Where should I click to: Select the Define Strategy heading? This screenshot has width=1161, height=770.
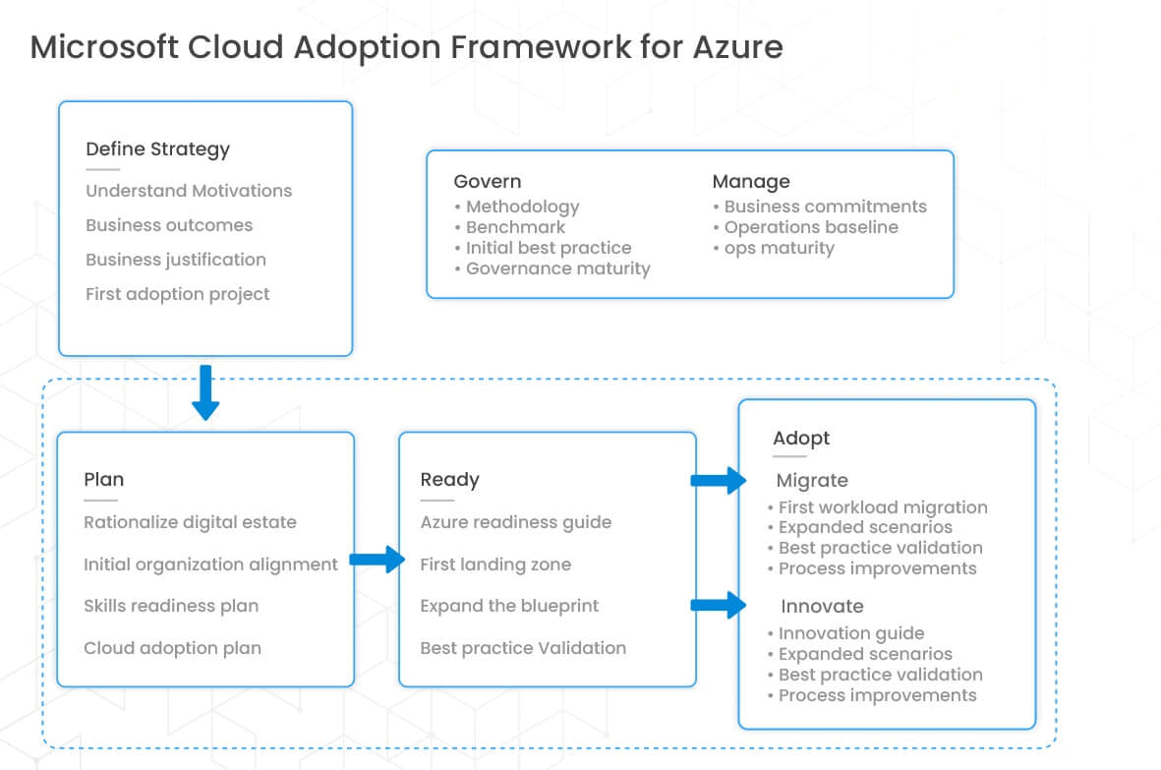point(157,149)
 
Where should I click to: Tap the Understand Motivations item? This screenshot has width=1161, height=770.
point(189,191)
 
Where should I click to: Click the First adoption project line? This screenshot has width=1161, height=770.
point(177,294)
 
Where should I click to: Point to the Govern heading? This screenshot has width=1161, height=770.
point(487,182)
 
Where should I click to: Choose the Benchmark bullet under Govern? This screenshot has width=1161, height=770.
point(515,227)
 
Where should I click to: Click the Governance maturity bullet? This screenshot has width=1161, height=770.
point(557,268)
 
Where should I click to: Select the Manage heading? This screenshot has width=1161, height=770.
point(750,182)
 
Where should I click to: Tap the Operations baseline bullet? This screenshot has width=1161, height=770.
point(810,227)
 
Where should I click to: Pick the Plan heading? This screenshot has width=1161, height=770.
point(103,480)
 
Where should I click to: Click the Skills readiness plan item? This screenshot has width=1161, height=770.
point(171,606)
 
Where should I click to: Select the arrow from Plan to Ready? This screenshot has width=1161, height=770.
point(377,561)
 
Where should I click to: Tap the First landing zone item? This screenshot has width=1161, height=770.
point(494,564)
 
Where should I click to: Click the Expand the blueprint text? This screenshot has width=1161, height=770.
point(508,606)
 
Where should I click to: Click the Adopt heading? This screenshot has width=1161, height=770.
point(800,439)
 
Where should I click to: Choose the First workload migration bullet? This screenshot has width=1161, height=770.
point(882,507)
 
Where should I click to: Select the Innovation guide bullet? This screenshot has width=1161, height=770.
point(850,633)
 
